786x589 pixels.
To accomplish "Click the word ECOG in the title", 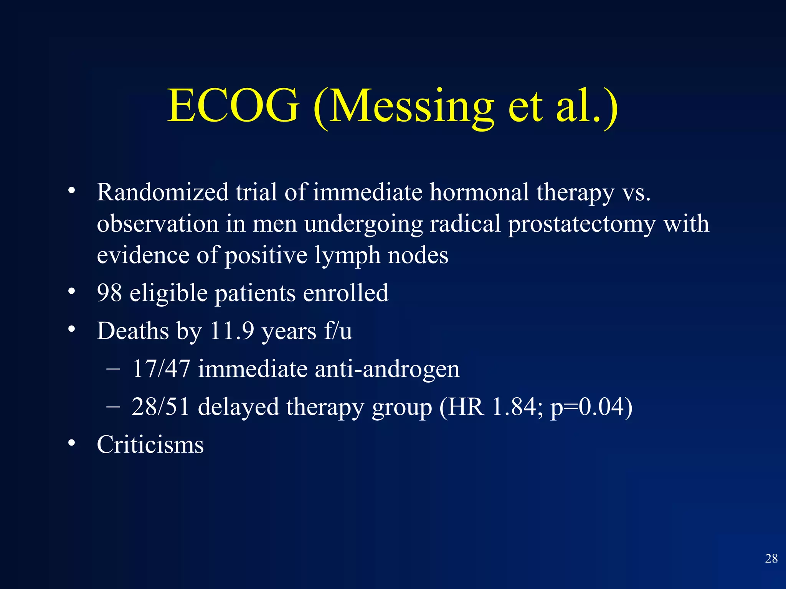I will tap(233, 105).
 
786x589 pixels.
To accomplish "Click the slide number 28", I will tap(771, 559).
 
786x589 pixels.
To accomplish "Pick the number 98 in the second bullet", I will tap(109, 293).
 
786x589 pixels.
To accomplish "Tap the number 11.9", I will tap(232, 331).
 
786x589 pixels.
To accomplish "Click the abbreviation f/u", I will tap(338, 331).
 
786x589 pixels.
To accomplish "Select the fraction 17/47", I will tap(161, 369).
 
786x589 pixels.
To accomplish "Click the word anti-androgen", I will tap(387, 369).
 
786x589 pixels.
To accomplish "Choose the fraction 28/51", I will tap(160, 407).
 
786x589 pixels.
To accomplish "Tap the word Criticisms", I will tap(150, 445).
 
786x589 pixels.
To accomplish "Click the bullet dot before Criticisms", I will tap(71, 444).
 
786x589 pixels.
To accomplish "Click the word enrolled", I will tap(345, 293).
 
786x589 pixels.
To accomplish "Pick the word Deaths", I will tap(133, 331).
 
